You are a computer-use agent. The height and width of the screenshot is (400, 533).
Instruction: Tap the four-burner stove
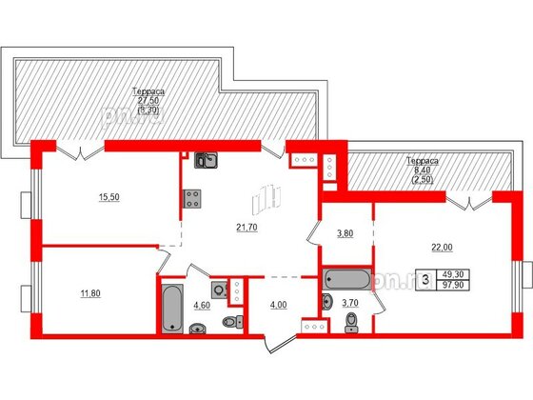[191, 198]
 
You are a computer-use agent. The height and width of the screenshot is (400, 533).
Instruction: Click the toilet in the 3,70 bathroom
[349, 325]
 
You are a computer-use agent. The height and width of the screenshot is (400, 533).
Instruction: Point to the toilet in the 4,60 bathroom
[198, 330]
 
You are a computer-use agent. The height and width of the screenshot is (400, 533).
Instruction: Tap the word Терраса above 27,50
[149, 91]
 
